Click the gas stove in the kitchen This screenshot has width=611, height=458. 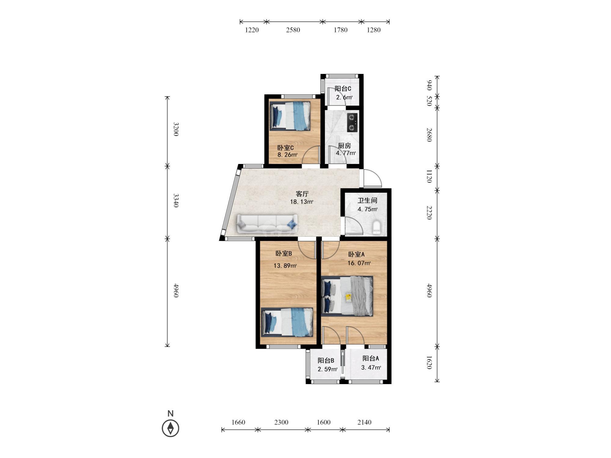click(352, 122)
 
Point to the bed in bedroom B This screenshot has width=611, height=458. click(287, 322)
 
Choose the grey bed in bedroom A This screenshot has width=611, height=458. click(347, 296)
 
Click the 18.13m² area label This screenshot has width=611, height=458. click(302, 202)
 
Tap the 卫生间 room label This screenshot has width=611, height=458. click(368, 201)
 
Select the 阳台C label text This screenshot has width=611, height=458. click(343, 89)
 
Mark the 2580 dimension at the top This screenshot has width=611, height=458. click(293, 30)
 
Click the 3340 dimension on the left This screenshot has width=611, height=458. click(176, 200)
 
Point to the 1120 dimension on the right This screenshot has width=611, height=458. click(429, 176)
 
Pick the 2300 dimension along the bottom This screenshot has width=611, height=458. click(281, 422)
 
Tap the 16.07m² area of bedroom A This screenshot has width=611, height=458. click(359, 263)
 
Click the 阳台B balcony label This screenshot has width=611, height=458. click(326, 360)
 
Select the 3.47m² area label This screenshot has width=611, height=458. click(371, 368)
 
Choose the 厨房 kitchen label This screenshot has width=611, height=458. click(344, 146)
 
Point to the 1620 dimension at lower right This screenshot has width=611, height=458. click(429, 362)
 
